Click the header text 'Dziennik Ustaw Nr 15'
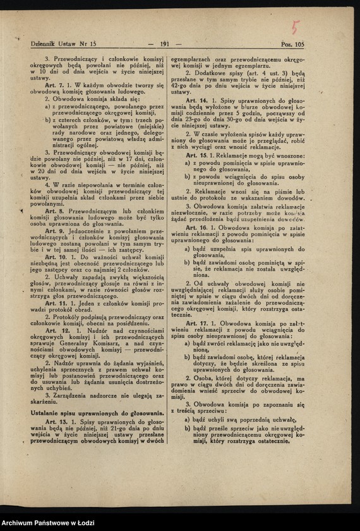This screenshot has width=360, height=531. point(63,44)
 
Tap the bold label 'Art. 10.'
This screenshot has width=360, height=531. point(56,257)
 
